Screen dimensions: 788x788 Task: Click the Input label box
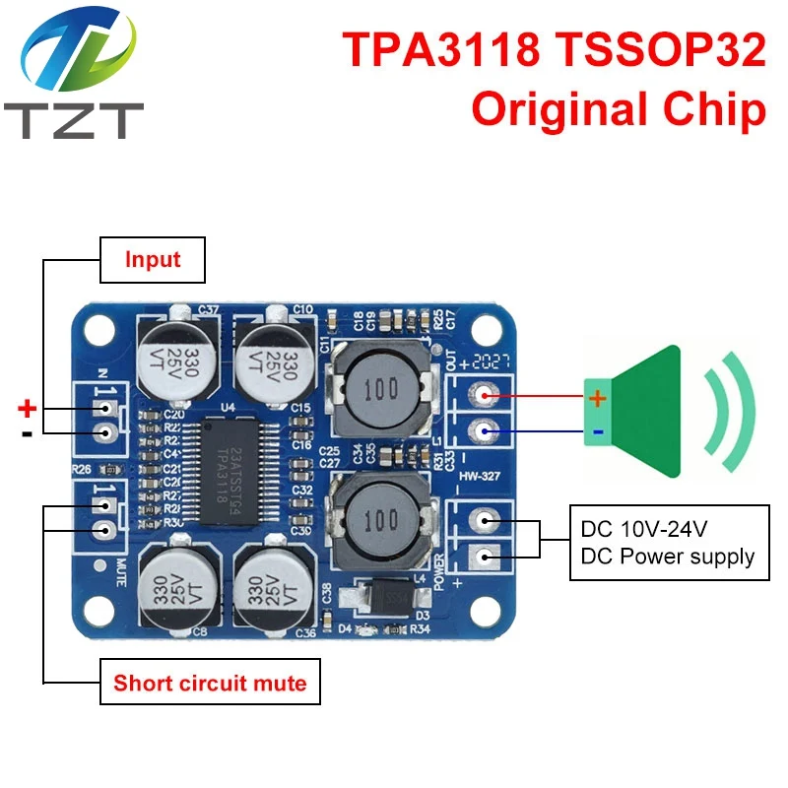point(152,260)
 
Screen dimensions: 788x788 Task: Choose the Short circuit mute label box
point(209,683)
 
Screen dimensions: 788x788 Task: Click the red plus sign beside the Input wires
point(28,408)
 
